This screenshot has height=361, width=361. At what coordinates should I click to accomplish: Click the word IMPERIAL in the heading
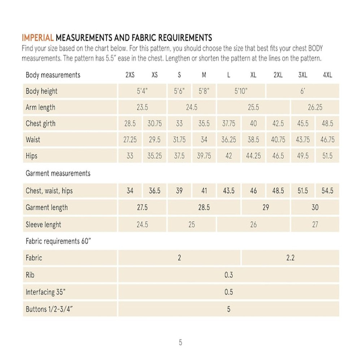pos(38,38)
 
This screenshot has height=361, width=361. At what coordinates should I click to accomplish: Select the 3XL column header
pos(303,75)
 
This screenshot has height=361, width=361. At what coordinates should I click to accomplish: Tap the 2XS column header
pos(130,75)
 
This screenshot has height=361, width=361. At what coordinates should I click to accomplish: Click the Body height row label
pos(42,91)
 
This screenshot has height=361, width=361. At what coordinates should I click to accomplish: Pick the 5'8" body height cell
pos(204,91)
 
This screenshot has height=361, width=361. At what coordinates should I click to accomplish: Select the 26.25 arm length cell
pos(315,108)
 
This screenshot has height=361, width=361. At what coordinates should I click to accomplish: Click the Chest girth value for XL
pos(253,123)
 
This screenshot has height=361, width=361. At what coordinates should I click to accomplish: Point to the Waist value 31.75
pos(179,140)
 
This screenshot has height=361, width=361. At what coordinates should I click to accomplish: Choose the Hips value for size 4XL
pos(327,156)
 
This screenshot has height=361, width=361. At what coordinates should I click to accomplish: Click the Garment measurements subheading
pos(58,173)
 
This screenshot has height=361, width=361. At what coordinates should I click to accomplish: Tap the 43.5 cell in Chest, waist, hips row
pos(229,191)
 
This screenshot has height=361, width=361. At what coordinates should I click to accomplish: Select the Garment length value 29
pos(266,208)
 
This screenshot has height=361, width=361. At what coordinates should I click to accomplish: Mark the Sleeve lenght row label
pos(43,225)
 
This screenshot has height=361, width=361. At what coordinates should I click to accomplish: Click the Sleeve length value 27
pos(315,225)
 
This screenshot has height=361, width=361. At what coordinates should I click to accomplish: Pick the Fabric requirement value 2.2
pos(290,258)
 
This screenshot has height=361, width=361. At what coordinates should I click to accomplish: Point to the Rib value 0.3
pos(229,275)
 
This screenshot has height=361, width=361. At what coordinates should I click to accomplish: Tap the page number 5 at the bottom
pos(180,343)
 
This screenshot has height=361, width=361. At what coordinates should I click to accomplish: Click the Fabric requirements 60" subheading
pos(58,241)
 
